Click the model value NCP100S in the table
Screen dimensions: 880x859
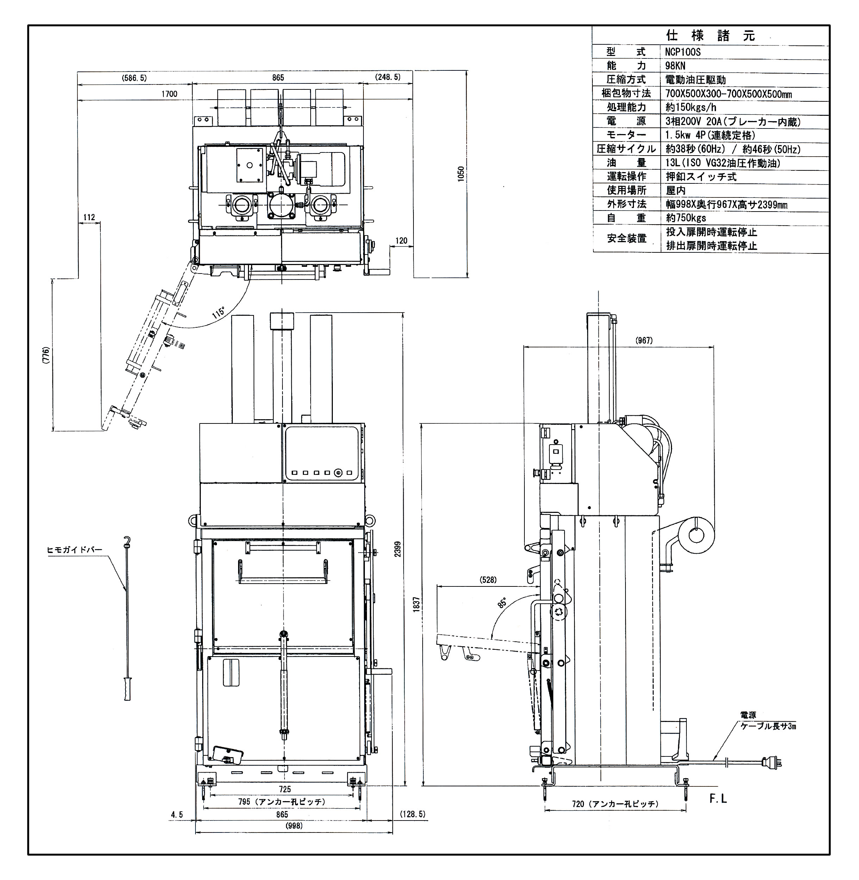pyautogui.click(x=683, y=52)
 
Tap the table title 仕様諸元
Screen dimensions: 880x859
pyautogui.click(x=710, y=36)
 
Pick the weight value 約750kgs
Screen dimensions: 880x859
pyautogui.click(x=686, y=218)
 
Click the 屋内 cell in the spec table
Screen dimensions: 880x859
pyautogui.click(x=676, y=190)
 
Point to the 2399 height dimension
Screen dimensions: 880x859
pyautogui.click(x=398, y=549)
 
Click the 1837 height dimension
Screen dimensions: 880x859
pyautogui.click(x=416, y=604)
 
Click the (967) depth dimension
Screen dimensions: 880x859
pyautogui.click(x=644, y=340)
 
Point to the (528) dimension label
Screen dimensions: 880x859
pyautogui.click(x=488, y=580)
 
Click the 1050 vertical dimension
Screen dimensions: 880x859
pyautogui.click(x=461, y=174)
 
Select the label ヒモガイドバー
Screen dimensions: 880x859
pyautogui.click(x=74, y=550)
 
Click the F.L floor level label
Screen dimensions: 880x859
pyautogui.click(x=718, y=799)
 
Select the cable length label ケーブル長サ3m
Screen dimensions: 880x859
pyautogui.click(x=768, y=726)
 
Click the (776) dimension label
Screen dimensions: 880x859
pyautogui.click(x=45, y=355)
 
